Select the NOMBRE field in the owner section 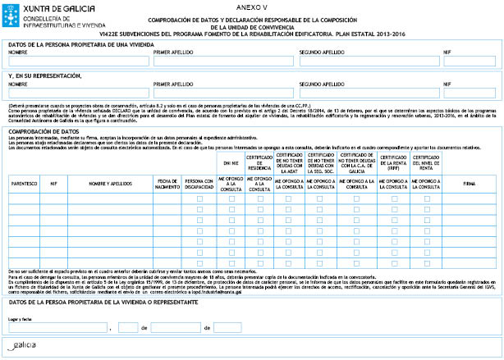[76, 61]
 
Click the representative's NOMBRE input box [76, 92]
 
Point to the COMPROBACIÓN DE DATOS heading [43, 130]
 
